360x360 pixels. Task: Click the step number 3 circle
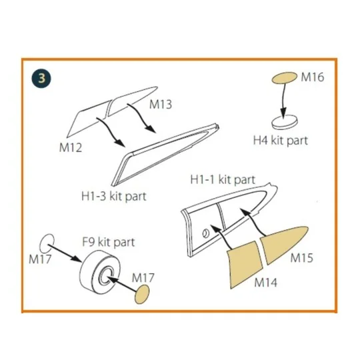point(41,77)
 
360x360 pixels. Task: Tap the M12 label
point(70,147)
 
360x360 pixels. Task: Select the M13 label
point(161,105)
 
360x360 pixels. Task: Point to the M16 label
point(312,77)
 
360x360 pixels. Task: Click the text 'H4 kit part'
point(281,141)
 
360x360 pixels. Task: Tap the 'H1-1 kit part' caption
point(223,180)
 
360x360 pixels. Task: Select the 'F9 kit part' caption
point(109,242)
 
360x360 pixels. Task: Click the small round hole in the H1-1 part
point(206,233)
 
